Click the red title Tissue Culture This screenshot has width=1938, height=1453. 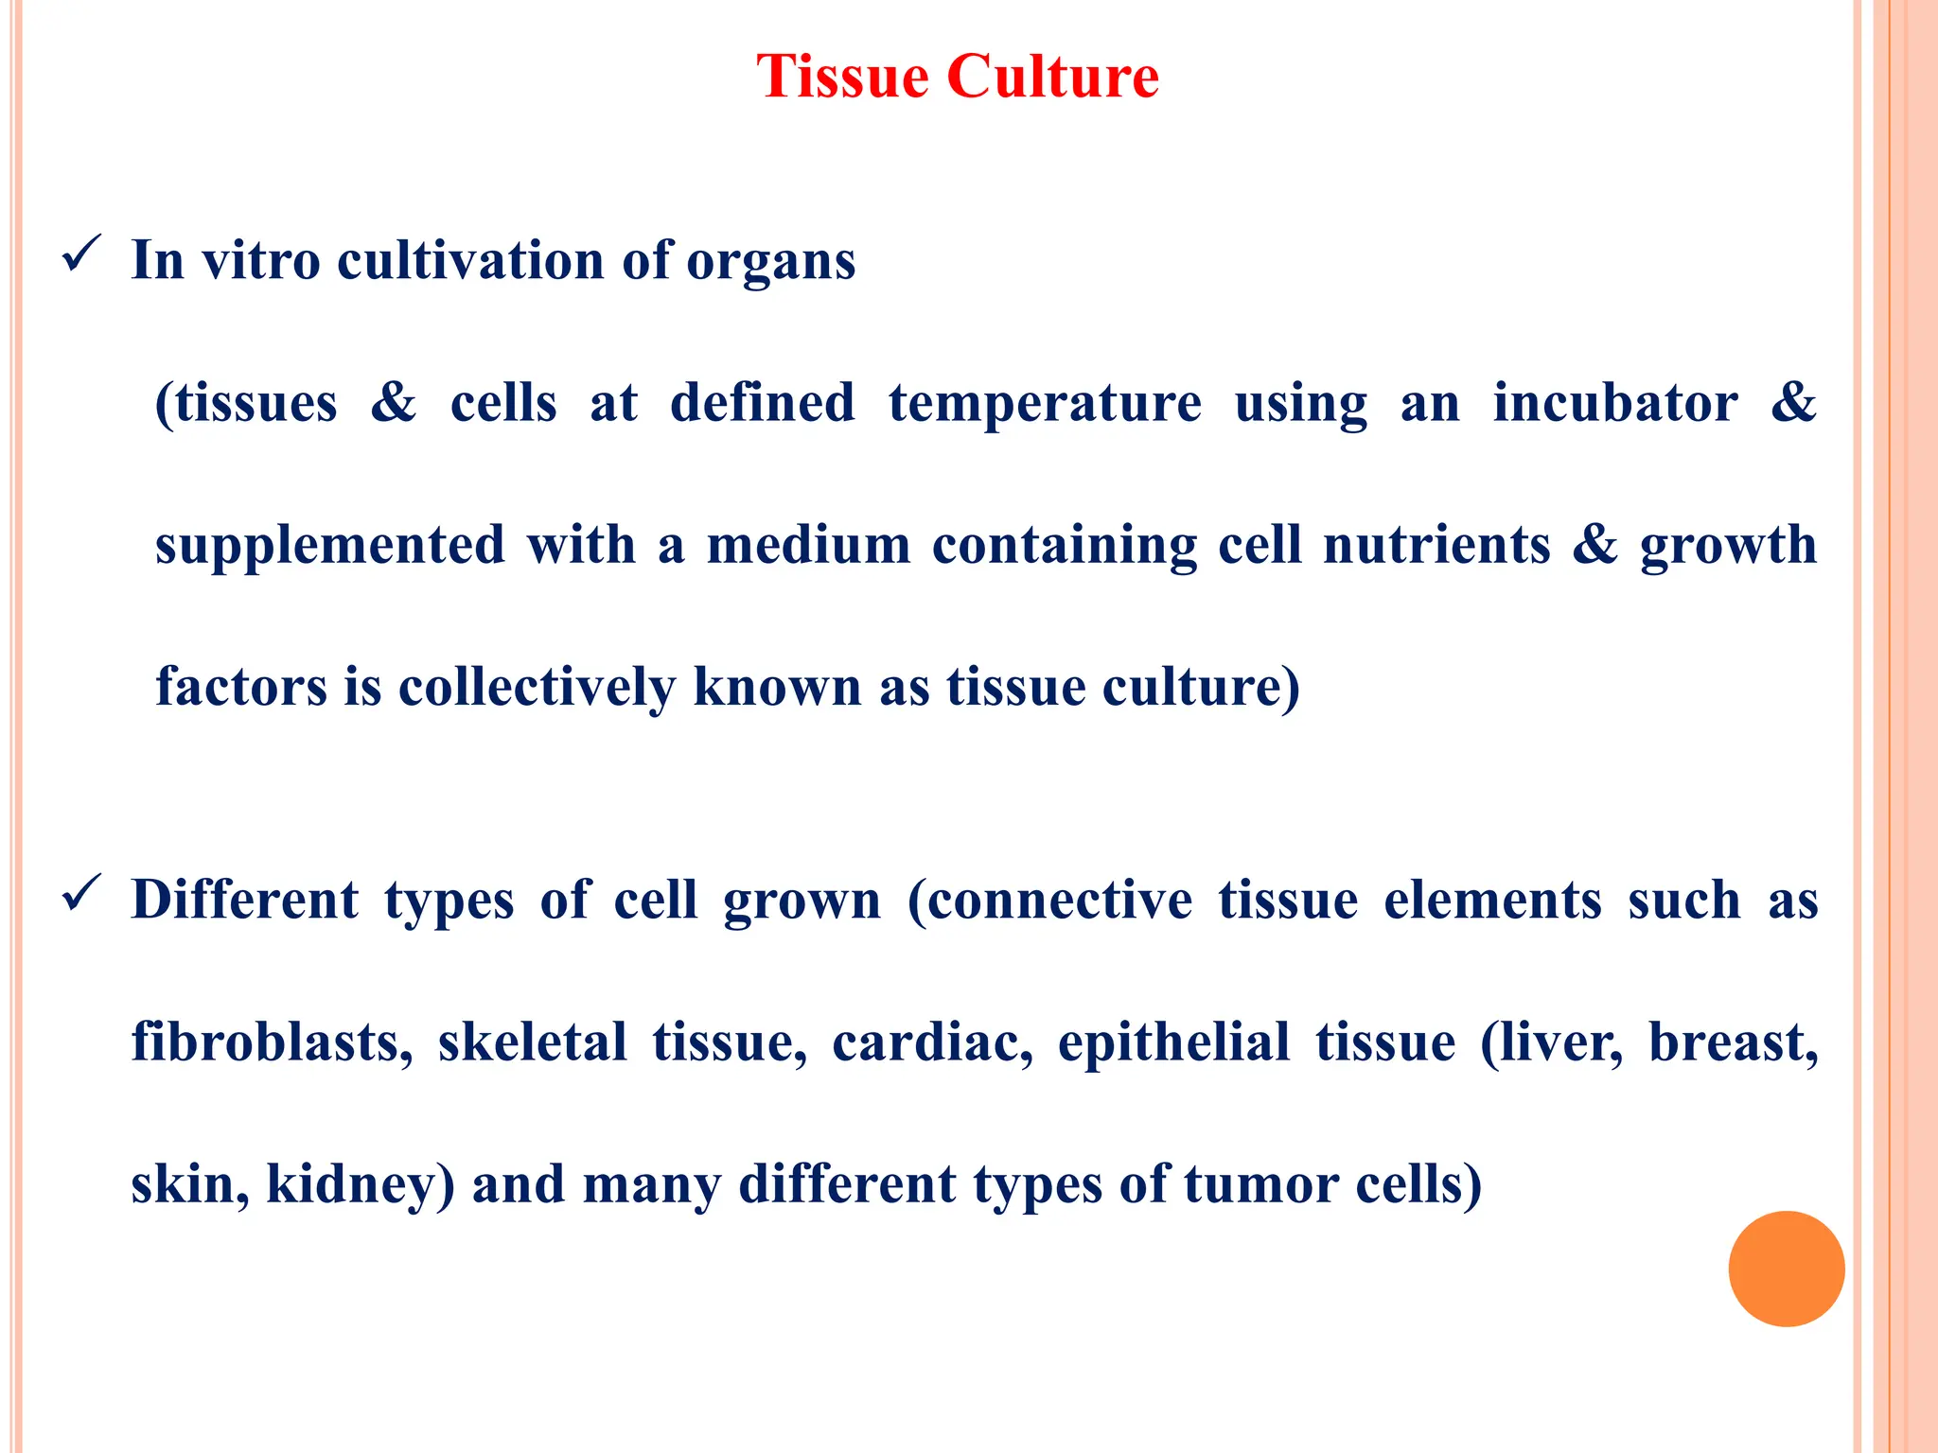click(958, 76)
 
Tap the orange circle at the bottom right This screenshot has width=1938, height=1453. click(1786, 1269)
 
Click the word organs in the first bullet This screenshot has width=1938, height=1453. click(770, 261)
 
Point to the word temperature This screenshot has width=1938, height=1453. click(1045, 403)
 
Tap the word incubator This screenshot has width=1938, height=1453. click(1614, 403)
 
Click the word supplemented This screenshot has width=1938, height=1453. click(330, 546)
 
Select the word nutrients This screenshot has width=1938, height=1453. click(1436, 546)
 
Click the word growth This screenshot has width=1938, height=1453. click(1728, 546)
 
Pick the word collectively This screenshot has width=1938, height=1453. click(537, 688)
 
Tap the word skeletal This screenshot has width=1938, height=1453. click(532, 1042)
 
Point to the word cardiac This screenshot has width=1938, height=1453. click(932, 1042)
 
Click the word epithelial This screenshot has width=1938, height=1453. click(1173, 1042)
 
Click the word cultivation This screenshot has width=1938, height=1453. click(470, 261)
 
